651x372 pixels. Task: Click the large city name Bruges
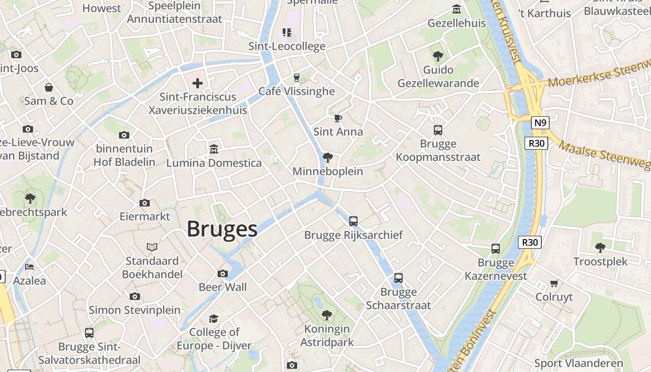tap(222, 229)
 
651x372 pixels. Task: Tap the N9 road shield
tap(540, 123)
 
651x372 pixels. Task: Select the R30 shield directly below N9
tap(537, 143)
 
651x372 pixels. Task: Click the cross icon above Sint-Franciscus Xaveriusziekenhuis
tap(198, 83)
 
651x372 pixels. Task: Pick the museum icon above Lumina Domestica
tap(214, 149)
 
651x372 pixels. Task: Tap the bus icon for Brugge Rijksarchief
tap(353, 221)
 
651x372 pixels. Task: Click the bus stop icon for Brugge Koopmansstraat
tap(438, 130)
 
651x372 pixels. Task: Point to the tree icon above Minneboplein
tap(328, 158)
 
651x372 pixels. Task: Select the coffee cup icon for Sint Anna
tap(338, 118)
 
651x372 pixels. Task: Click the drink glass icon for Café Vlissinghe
tap(296, 78)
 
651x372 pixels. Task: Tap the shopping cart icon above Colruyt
tap(554, 283)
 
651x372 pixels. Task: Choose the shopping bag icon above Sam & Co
tap(49, 87)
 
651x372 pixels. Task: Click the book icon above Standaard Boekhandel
tap(152, 247)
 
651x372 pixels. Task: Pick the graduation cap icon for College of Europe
tap(213, 319)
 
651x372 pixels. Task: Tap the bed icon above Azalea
tap(29, 267)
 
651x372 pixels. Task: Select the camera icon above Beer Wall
tap(223, 273)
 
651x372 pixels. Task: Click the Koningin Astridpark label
tap(327, 336)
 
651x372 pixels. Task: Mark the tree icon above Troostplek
tap(600, 248)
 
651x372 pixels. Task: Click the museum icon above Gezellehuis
tap(457, 10)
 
